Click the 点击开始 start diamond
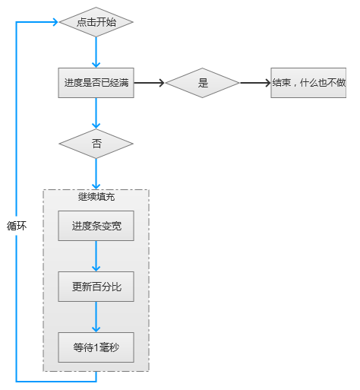96,22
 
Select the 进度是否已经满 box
96,83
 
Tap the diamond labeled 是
203,83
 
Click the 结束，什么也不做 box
308,83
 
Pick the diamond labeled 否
96,143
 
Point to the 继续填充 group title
96,197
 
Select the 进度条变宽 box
96,226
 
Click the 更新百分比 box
96,287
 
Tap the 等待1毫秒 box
96,347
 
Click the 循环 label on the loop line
17,226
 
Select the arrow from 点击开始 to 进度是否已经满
96,52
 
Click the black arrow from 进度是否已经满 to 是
150,83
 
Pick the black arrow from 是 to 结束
255,83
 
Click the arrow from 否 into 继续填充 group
96,174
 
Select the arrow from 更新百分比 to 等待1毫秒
96,317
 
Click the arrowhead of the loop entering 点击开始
54,22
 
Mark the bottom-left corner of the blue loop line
17,380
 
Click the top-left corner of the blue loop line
17,22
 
